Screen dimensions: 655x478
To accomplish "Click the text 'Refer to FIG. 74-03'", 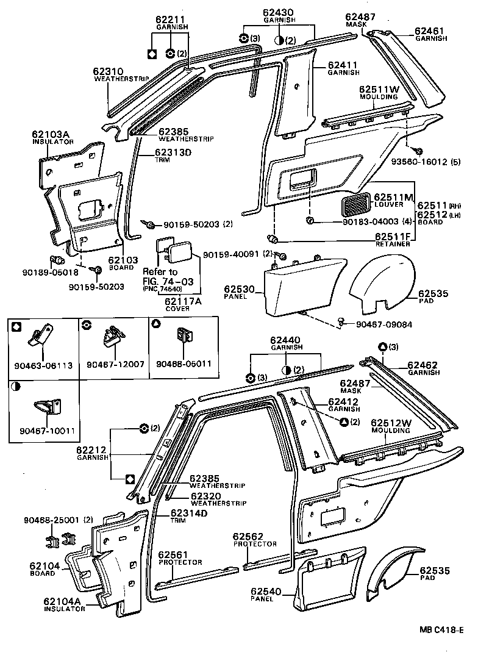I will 160,276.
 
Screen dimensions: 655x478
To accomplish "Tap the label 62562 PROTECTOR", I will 254,539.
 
